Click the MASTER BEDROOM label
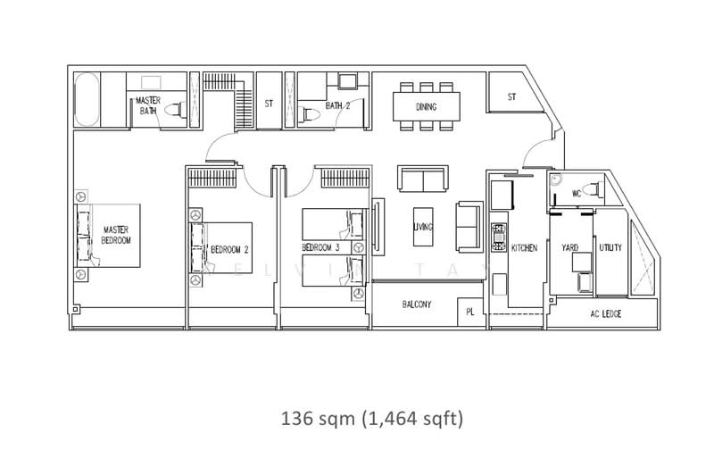[x=116, y=235]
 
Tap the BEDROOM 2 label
[x=229, y=250]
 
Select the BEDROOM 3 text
[x=320, y=247]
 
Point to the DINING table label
[x=427, y=106]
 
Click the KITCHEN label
[x=524, y=248]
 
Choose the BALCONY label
[x=417, y=304]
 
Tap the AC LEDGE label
[x=606, y=314]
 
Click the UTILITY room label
[x=610, y=247]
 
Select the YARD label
[x=569, y=247]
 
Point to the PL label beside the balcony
[x=470, y=313]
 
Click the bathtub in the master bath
[x=87, y=99]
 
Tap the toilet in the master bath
[x=175, y=110]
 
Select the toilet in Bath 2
[x=308, y=114]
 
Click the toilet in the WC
[x=594, y=189]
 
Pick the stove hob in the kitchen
[x=499, y=237]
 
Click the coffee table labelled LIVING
[x=423, y=227]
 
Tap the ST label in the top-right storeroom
[x=511, y=96]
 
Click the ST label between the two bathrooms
[x=269, y=104]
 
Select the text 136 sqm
[x=318, y=418]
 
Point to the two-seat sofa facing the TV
[x=423, y=179]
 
